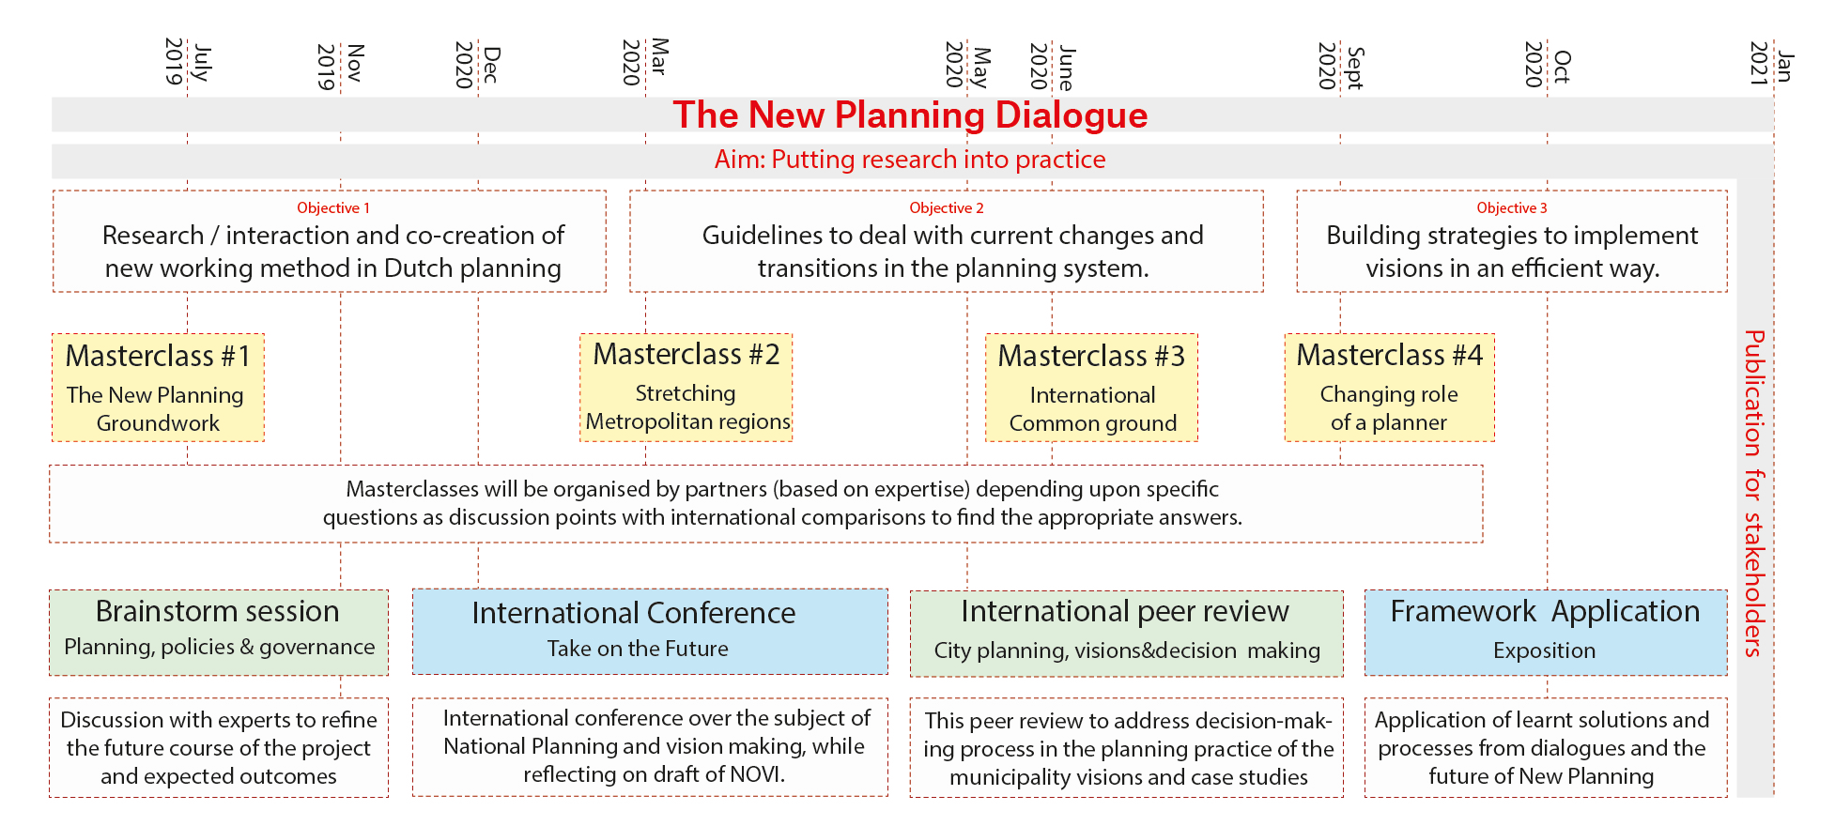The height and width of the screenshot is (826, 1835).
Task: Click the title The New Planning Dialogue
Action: pyautogui.click(x=910, y=115)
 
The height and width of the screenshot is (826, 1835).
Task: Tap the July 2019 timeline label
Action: pyautogui.click(x=188, y=62)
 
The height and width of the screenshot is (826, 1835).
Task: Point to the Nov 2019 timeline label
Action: pyautogui.click(x=340, y=66)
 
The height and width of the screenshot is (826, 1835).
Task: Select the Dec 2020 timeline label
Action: pyautogui.click(x=478, y=65)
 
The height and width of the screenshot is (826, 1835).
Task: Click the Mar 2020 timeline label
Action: pyautogui.click(x=646, y=62)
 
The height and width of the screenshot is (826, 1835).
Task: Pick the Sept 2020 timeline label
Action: pyautogui.click(x=1341, y=66)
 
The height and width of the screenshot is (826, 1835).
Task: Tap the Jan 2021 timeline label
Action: pyautogui.click(x=1772, y=63)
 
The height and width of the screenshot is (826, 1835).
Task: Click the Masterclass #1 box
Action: pyautogui.click(x=158, y=388)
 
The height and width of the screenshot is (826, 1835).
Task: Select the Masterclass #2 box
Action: pyautogui.click(x=686, y=388)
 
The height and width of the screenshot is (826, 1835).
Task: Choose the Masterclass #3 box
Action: pyautogui.click(x=1091, y=388)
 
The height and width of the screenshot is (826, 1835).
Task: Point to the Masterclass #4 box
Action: pyautogui.click(x=1390, y=388)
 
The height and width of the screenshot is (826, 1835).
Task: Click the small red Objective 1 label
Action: pyautogui.click(x=333, y=208)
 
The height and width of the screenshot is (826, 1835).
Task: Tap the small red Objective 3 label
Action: pyautogui.click(x=1512, y=208)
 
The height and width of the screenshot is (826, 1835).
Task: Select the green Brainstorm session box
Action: pyautogui.click(x=219, y=632)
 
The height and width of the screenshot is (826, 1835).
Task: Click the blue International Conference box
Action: pyautogui.click(x=650, y=632)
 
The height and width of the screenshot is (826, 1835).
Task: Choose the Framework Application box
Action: pyautogui.click(x=1546, y=633)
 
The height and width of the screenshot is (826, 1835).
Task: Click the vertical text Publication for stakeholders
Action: pyautogui.click(x=1753, y=493)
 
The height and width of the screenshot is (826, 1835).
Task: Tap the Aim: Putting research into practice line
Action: pyautogui.click(x=910, y=160)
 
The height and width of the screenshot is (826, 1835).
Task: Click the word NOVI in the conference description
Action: pyautogui.click(x=759, y=774)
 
